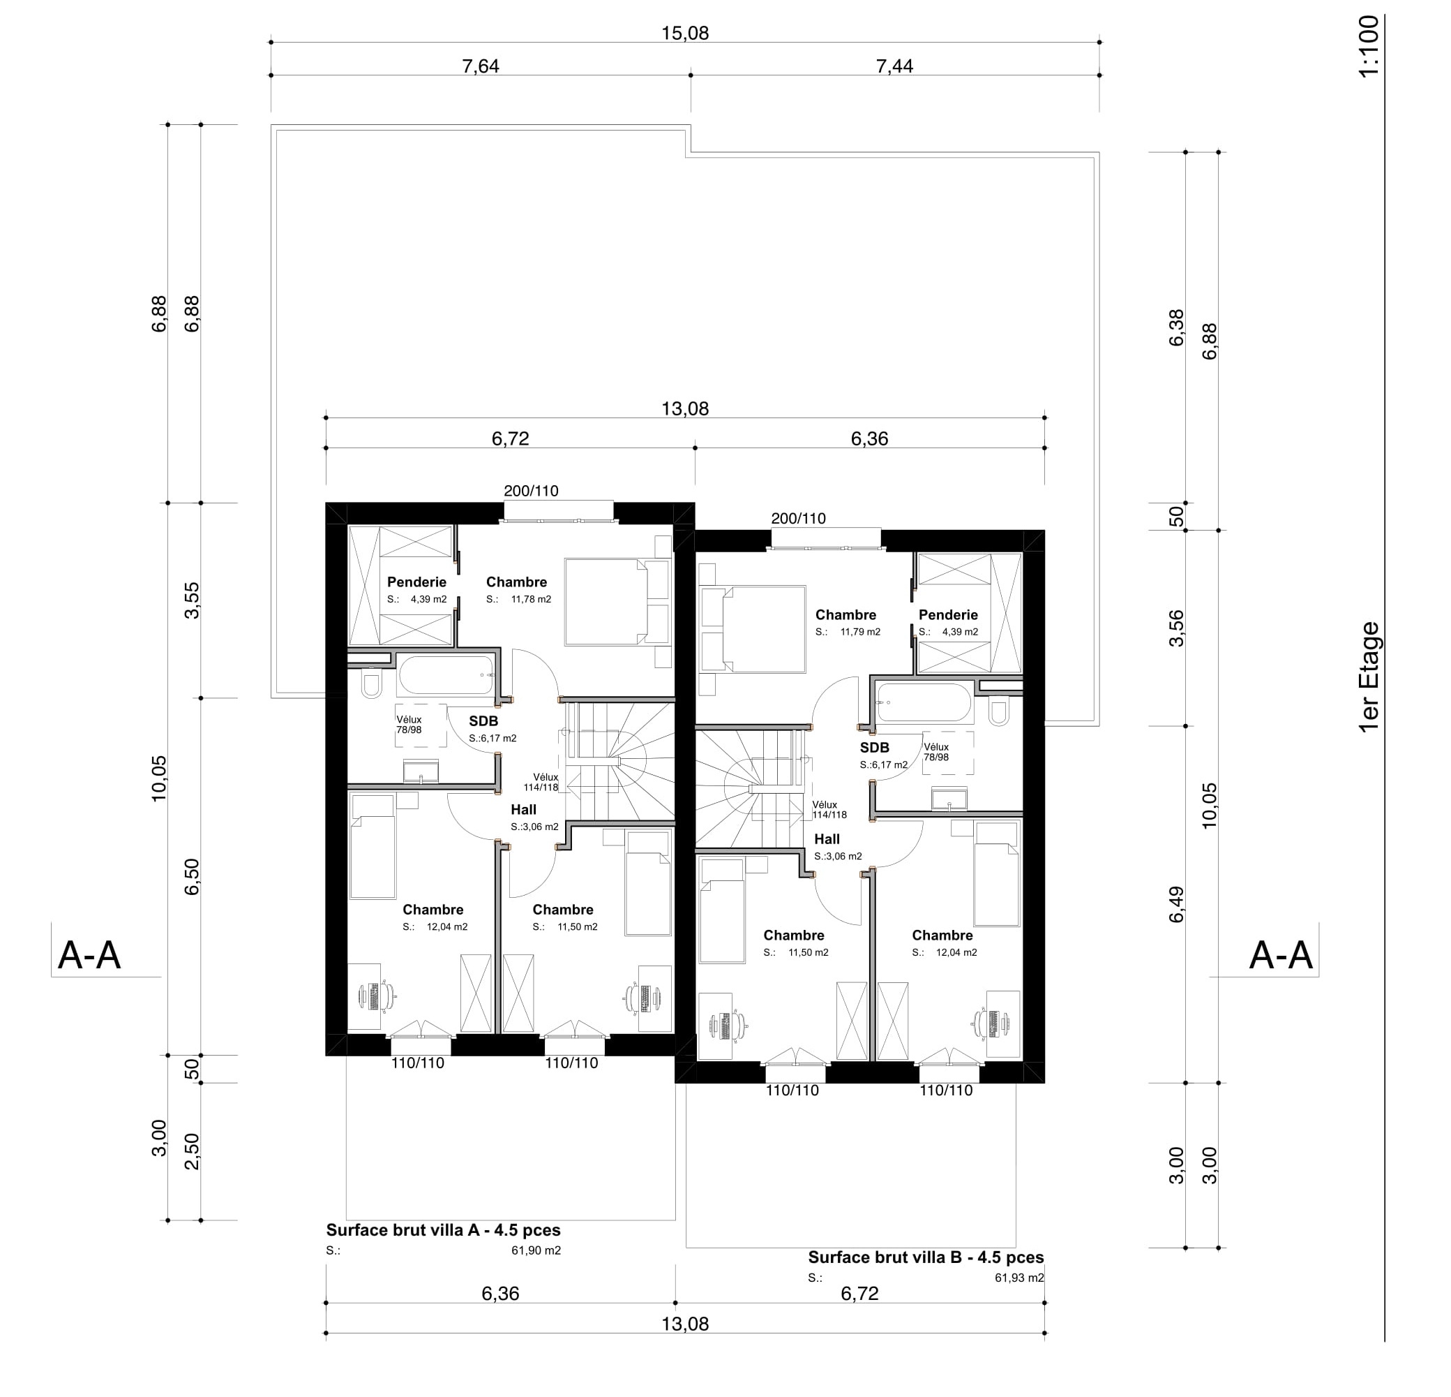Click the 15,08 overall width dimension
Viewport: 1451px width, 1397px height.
click(x=685, y=34)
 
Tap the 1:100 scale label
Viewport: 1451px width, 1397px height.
click(x=1369, y=46)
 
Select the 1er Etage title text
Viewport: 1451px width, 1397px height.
click(x=1369, y=677)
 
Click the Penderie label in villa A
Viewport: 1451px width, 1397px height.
click(x=416, y=582)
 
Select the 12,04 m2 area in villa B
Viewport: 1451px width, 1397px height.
click(x=956, y=952)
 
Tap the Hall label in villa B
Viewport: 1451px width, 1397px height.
click(x=827, y=839)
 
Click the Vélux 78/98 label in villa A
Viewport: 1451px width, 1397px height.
click(x=409, y=725)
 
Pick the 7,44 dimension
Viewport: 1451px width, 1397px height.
click(x=894, y=66)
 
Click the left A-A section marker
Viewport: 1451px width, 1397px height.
click(x=89, y=955)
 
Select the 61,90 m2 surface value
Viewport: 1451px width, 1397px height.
click(x=536, y=1250)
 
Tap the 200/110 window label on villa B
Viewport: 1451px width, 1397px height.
click(x=798, y=519)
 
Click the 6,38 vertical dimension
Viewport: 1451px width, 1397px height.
click(x=1175, y=327)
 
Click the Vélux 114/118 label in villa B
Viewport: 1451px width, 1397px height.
click(x=829, y=810)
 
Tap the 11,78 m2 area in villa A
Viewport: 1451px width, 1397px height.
click(x=531, y=599)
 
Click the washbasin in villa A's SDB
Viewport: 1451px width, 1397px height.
click(x=421, y=772)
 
